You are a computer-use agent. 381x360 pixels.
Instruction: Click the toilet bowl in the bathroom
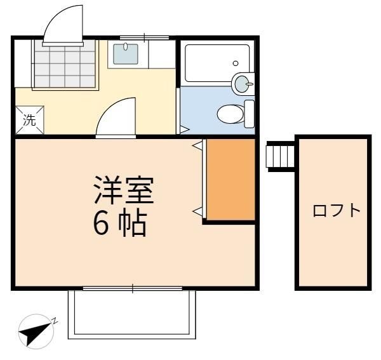(x=230, y=114)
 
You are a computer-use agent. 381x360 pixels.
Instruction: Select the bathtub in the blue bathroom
(x=217, y=63)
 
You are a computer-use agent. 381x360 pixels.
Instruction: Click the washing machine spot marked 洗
(x=30, y=120)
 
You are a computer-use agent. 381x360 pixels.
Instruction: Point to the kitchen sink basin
(x=125, y=54)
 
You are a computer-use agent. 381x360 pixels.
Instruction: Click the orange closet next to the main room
(x=231, y=180)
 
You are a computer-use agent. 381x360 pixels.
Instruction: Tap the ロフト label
(x=337, y=211)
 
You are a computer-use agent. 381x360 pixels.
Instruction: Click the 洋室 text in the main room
(x=124, y=190)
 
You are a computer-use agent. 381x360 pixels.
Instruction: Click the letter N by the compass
(x=55, y=321)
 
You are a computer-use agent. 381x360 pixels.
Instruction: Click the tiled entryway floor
(x=65, y=63)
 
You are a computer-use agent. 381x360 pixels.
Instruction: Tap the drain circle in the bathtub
(x=236, y=63)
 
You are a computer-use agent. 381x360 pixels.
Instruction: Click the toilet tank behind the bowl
(x=249, y=114)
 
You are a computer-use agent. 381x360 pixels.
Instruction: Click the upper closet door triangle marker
(x=197, y=145)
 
